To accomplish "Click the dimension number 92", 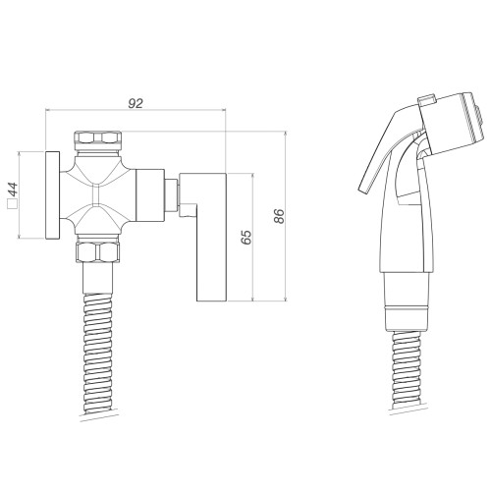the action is pos(136,103).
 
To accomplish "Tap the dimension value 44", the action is pos(14,189).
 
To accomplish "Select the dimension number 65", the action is pos(245,237).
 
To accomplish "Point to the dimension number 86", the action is pos(279,216).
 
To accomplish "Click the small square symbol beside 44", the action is pos(12,203).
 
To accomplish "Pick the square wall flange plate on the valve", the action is pos(53,195).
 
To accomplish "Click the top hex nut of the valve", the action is pos(98,137).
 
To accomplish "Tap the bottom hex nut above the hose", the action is pos(97,252).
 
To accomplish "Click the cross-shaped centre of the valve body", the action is pos(97,195).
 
